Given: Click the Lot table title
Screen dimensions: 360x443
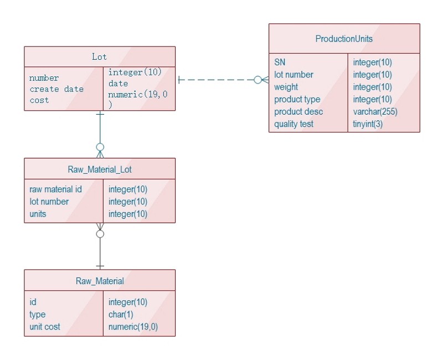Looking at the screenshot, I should point(100,56).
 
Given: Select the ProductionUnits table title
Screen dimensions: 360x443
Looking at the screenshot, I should point(344,39).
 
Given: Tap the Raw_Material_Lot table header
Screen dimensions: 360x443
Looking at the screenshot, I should point(100,169).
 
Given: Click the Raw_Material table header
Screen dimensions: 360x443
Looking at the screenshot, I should point(100,281).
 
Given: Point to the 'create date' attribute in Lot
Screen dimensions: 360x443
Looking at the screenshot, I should point(56,89).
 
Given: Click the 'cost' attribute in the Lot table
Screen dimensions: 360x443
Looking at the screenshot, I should point(39,100).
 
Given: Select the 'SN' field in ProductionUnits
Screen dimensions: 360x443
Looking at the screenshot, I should point(280,63).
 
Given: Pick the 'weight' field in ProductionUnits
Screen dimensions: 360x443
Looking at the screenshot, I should point(286,87).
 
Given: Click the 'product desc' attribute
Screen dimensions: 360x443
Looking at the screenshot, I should point(298,112).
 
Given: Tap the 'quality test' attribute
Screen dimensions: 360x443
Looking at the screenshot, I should point(293,124).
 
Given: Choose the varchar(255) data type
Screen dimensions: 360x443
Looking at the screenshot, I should point(375,112).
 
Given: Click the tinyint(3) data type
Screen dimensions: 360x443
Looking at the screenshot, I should point(368,124).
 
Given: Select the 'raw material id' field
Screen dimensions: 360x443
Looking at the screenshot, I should point(55,189).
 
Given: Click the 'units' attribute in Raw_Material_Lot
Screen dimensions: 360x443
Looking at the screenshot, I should point(38,214).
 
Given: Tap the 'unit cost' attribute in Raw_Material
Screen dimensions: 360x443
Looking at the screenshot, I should point(45,327).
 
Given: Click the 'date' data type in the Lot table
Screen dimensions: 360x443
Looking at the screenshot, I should point(118,84).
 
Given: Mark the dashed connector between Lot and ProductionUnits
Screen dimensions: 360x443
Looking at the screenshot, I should point(216,80).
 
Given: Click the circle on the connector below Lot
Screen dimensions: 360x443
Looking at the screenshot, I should point(100,147).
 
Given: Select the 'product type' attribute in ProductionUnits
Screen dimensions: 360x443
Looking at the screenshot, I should point(297,100).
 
